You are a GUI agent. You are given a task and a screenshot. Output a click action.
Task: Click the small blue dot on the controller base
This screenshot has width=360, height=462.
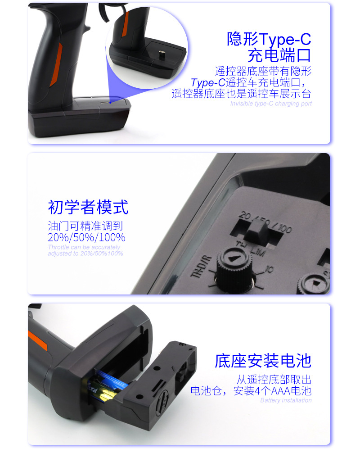pos(110,102)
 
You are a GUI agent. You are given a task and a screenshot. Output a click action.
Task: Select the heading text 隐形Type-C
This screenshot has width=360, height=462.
pos(269,39)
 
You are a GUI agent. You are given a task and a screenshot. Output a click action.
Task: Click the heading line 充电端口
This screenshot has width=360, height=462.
pos(279,56)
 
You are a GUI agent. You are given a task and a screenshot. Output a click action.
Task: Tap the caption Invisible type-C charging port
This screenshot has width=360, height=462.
pos(271,104)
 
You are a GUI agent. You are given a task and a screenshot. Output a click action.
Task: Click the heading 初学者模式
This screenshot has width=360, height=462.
pos(88,207)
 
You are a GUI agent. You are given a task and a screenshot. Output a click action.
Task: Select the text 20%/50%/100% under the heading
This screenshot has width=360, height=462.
pos(86,237)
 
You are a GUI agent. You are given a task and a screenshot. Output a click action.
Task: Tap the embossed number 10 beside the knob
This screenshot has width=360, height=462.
pos(269,270)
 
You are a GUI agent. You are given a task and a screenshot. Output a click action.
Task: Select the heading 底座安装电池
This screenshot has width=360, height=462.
pos(263,361)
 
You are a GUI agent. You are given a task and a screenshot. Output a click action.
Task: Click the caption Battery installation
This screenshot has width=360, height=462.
pos(286,400)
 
